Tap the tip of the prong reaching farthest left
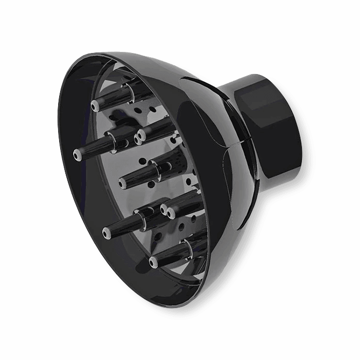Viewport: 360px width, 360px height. [77, 153]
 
